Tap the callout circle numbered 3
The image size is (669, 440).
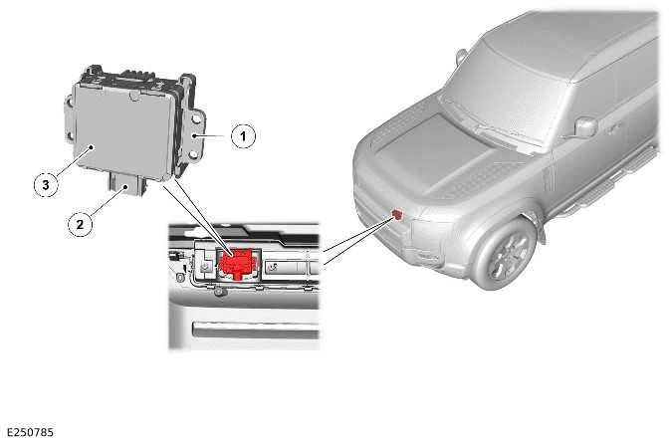(42, 183)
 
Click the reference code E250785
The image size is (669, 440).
(30, 432)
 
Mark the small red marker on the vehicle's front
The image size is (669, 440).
(397, 212)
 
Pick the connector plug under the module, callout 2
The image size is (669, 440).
(126, 180)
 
